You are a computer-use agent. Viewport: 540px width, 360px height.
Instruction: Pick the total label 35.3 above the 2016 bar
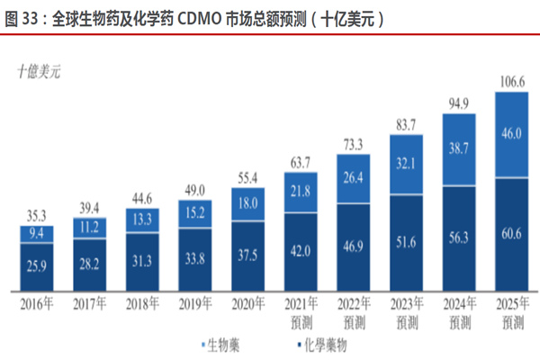click(36, 217)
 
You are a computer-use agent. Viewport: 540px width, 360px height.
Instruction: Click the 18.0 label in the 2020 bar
click(247, 204)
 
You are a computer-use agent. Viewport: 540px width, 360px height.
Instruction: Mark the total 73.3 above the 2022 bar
click(354, 143)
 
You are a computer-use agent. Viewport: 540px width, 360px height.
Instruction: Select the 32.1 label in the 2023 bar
click(407, 165)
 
